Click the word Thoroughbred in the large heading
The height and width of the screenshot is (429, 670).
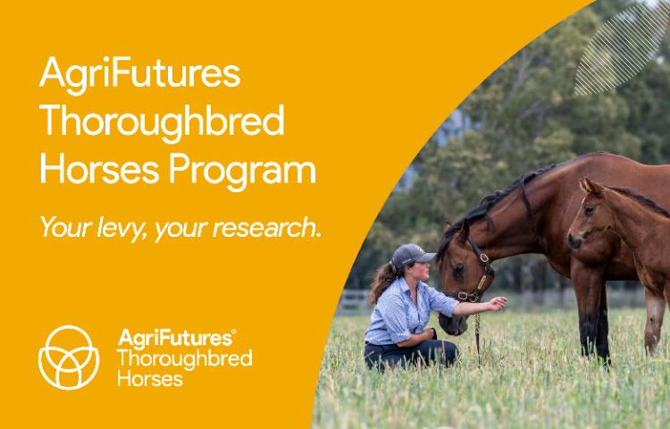(162, 122)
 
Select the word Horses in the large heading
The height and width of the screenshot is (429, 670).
(99, 169)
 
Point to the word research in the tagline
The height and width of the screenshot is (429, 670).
(266, 227)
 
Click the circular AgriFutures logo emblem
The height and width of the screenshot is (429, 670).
(69, 357)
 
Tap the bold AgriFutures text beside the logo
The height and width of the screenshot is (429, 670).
(177, 338)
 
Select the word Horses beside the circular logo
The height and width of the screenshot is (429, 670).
(150, 379)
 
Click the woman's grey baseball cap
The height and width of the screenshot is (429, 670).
(412, 255)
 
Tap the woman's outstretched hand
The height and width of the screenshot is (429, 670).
(497, 303)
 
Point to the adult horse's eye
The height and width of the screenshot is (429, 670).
(459, 269)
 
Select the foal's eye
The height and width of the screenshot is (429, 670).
(590, 210)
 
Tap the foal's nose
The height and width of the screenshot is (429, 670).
(574, 241)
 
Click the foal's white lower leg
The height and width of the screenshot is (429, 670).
(653, 324)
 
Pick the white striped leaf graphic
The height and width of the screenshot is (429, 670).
(622, 49)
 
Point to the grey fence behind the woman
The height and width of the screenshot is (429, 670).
(355, 302)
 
